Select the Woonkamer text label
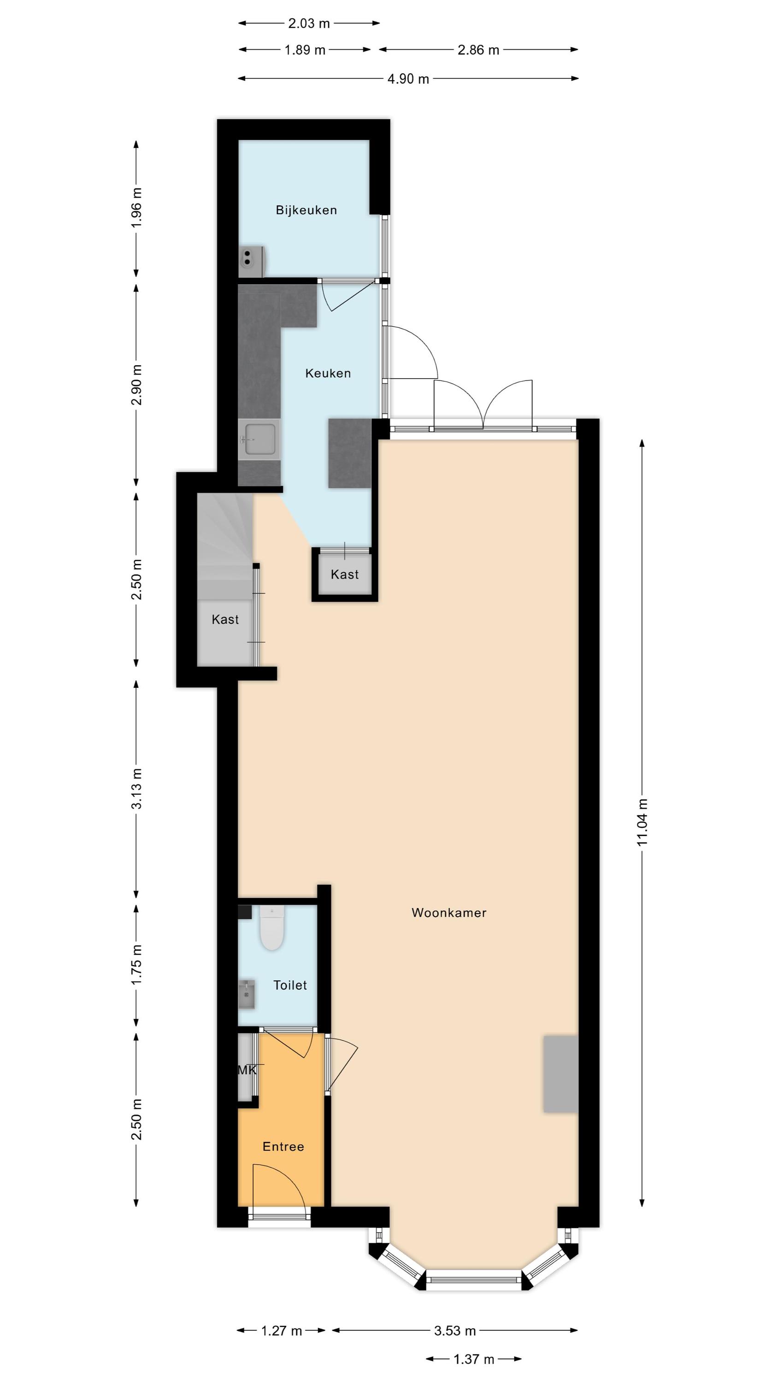(449, 913)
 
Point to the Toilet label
(290, 985)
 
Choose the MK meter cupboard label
(247, 1070)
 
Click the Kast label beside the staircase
(225, 619)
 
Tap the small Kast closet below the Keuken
(345, 574)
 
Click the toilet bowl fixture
(271, 928)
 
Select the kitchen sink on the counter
(260, 439)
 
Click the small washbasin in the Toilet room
(247, 994)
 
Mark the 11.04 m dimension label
(642, 822)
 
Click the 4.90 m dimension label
(408, 79)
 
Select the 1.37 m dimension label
(473, 1359)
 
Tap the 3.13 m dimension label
(137, 788)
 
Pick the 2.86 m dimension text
(478, 50)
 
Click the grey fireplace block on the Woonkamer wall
(560, 1073)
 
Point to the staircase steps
(225, 547)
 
